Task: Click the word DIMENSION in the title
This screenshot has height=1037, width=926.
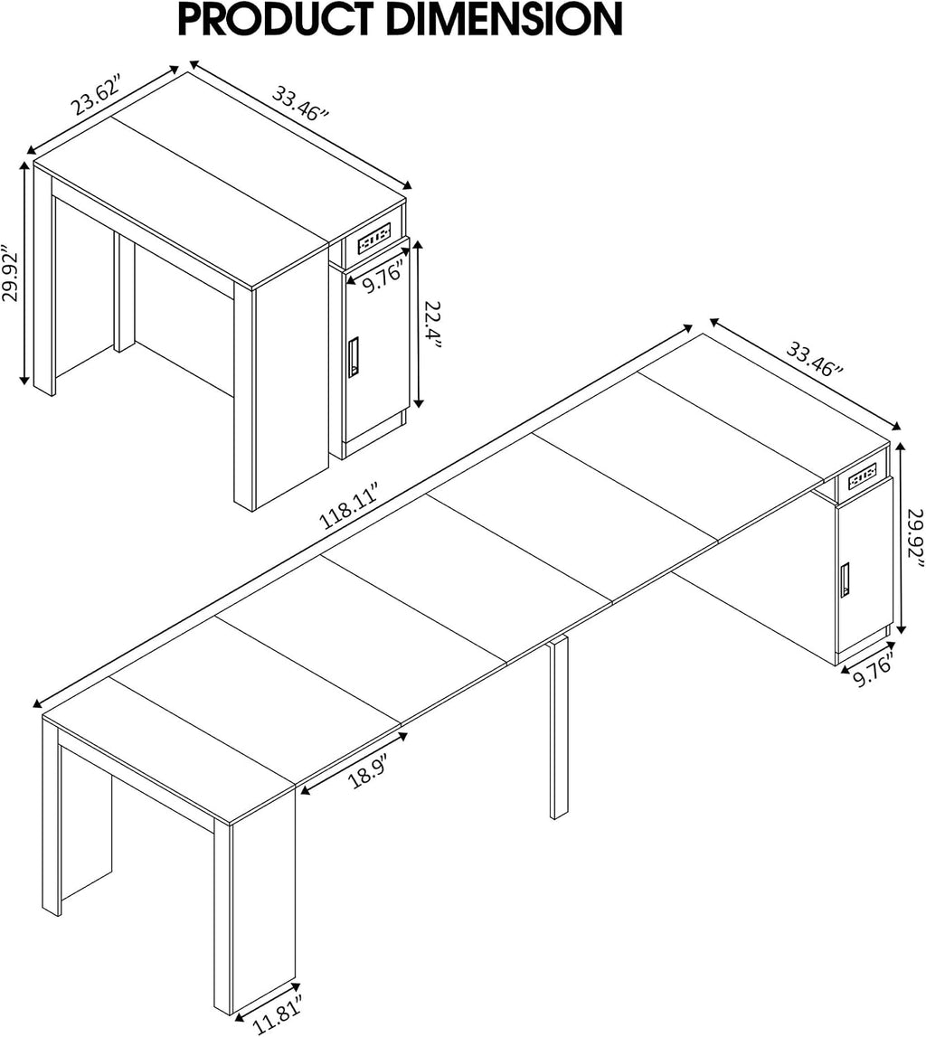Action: click(x=505, y=19)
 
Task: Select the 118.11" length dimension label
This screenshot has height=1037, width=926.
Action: click(x=348, y=507)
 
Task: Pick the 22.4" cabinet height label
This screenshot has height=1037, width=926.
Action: click(x=433, y=325)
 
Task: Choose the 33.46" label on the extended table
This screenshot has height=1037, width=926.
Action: click(x=814, y=358)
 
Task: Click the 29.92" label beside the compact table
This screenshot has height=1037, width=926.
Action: click(x=12, y=275)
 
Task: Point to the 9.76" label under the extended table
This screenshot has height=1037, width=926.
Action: click(x=873, y=670)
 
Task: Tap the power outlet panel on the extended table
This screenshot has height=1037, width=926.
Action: click(x=863, y=475)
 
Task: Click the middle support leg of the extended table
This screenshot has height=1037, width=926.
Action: click(x=559, y=728)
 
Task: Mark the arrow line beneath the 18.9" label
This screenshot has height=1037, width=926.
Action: click(x=353, y=759)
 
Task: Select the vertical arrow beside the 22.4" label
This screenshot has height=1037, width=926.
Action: click(x=417, y=324)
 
